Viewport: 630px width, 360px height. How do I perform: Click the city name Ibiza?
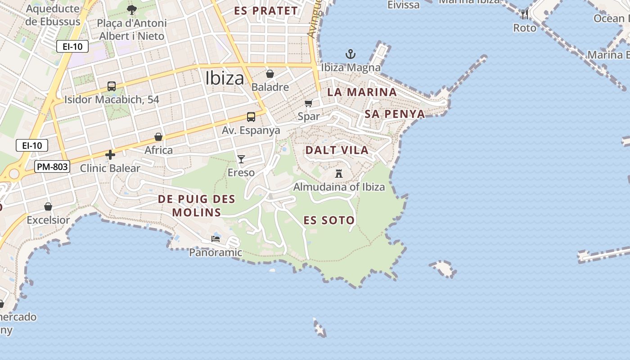click(x=225, y=78)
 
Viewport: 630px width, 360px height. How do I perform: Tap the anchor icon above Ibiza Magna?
click(x=351, y=54)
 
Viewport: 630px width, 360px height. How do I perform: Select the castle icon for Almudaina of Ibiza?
click(x=339, y=173)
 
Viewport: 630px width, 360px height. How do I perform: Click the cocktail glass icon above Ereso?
click(x=241, y=159)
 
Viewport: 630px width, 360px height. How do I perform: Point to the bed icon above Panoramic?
click(x=216, y=239)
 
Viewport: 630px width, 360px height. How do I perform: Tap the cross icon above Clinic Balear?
click(x=110, y=155)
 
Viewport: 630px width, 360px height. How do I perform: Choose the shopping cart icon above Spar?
click(x=309, y=103)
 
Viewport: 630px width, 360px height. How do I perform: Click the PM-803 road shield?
click(x=52, y=167)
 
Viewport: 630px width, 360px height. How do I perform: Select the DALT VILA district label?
click(x=337, y=150)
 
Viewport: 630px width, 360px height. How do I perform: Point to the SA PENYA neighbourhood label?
click(x=395, y=114)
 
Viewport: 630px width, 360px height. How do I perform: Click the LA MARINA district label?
click(x=362, y=92)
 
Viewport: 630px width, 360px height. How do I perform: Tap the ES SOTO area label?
click(x=329, y=220)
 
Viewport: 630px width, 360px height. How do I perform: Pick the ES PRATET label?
click(x=266, y=11)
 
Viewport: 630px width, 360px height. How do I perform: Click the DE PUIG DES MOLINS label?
click(x=197, y=206)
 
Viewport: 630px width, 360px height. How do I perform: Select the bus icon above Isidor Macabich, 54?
click(x=112, y=86)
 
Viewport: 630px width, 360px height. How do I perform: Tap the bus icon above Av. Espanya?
click(x=251, y=117)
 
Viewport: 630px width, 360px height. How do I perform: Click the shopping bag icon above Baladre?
click(x=270, y=74)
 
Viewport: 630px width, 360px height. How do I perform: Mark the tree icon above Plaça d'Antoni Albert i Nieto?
click(x=132, y=9)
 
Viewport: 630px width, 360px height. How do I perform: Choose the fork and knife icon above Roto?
click(x=525, y=14)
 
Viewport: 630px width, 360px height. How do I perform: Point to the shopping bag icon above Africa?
click(x=158, y=137)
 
